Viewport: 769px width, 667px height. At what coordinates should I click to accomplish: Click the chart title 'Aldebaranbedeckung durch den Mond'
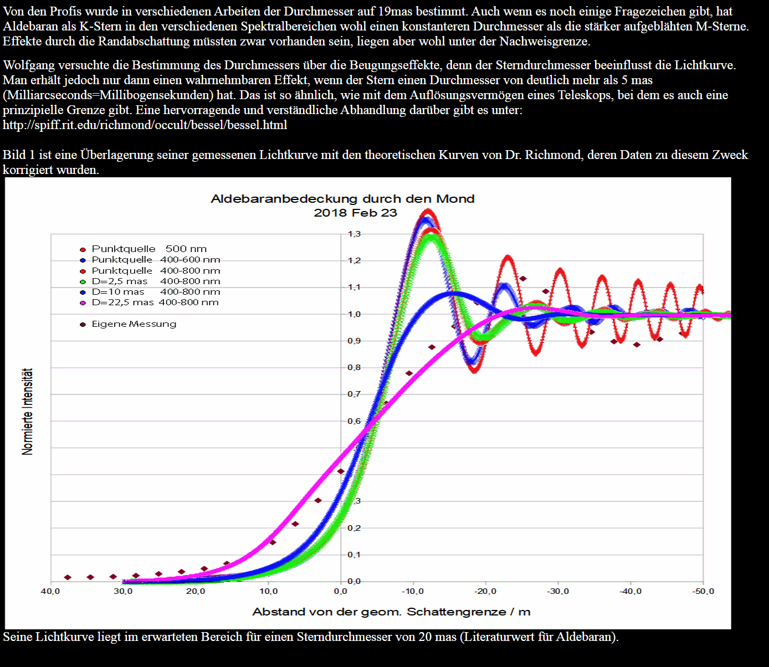(342, 199)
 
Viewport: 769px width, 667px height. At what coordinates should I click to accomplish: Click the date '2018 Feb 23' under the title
(355, 213)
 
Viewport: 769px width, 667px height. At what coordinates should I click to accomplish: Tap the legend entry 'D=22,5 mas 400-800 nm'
(155, 302)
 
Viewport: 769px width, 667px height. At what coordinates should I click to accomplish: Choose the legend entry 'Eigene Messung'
(134, 324)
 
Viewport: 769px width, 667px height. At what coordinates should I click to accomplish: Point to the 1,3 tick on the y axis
(354, 234)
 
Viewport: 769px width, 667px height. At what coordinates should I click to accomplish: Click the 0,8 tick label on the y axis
(354, 367)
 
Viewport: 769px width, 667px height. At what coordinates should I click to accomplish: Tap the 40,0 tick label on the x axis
(50, 592)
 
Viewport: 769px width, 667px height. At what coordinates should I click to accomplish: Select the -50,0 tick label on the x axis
(703, 592)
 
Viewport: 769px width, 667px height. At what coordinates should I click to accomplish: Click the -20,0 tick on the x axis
(486, 592)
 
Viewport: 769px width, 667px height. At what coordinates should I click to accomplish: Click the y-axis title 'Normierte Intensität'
(27, 412)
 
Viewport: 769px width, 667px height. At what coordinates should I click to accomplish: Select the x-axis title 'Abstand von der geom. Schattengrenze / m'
(391, 612)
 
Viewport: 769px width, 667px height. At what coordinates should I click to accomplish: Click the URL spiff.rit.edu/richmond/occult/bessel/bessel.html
(145, 125)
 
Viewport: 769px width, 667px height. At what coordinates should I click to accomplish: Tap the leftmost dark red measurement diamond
(68, 577)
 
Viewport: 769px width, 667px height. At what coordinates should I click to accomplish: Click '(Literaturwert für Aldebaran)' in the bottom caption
(539, 637)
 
